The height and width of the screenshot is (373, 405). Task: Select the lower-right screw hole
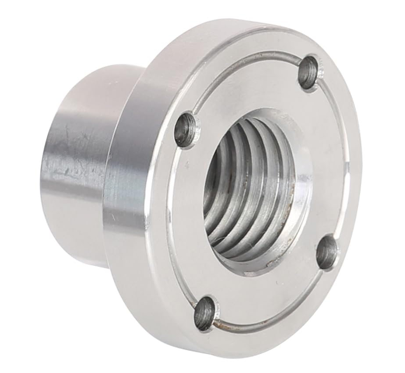coord(326,252)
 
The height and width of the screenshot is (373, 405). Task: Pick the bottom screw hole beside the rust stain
coord(205,313)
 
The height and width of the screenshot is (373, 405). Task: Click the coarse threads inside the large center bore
coord(246,189)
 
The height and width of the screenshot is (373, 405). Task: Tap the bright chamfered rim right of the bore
coord(303,193)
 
